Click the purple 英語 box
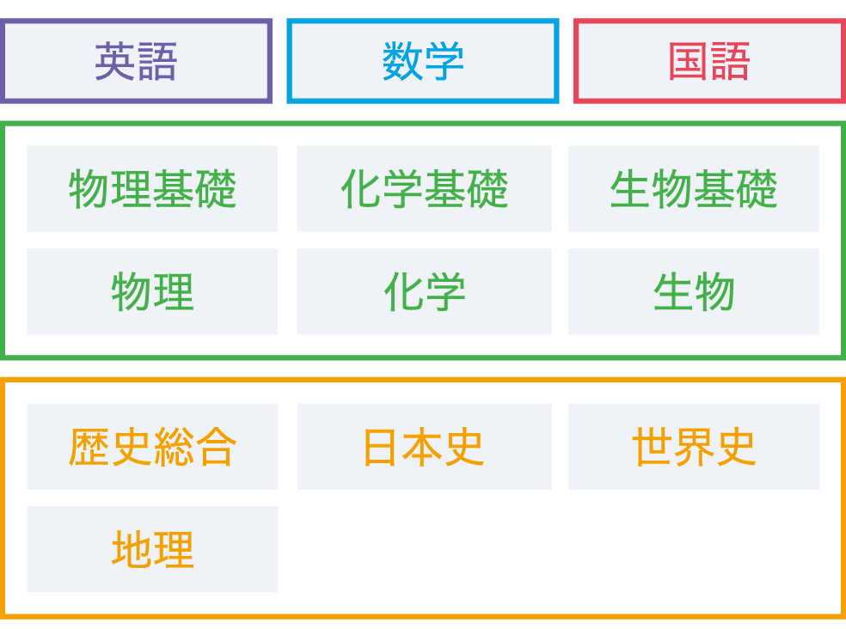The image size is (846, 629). click(136, 61)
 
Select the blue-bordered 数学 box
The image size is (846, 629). click(423, 61)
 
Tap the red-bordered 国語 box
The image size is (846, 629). click(709, 61)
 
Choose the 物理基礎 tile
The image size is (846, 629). click(152, 188)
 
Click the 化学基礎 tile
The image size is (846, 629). click(424, 188)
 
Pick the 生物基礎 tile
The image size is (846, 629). click(693, 188)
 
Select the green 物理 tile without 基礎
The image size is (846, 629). click(152, 291)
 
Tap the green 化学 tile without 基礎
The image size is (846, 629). click(424, 291)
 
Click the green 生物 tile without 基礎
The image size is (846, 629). click(693, 291)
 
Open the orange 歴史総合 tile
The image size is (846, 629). click(152, 446)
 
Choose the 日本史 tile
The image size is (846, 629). click(424, 446)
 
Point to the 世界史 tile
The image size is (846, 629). click(693, 446)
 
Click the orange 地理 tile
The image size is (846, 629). click(152, 549)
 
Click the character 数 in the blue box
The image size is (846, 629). click(402, 62)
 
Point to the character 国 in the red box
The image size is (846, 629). click(689, 62)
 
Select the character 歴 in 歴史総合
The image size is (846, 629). click(89, 447)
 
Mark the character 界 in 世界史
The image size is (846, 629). click(694, 447)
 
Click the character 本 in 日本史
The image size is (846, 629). click(423, 447)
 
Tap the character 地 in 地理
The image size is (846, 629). click(132, 550)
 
